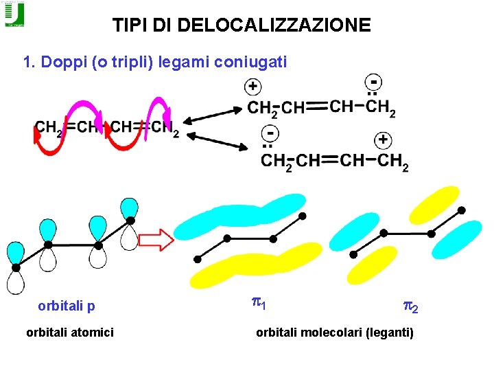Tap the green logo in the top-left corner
coord(14,14)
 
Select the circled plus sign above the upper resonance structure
coord(253,87)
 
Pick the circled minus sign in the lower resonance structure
coord(272,132)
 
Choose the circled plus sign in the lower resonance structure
coord(382,141)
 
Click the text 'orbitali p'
coord(67,306)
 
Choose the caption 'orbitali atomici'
coord(70,333)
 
